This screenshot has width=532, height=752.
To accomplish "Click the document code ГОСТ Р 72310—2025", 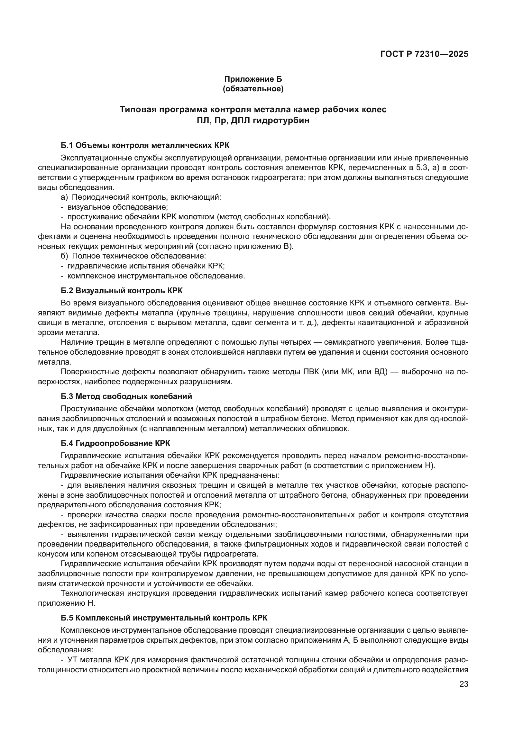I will (424, 54).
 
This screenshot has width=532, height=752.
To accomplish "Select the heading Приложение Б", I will (253, 79).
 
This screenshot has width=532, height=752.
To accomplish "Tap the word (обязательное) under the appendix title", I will (253, 89).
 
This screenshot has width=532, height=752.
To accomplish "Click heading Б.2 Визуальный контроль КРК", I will (122, 291).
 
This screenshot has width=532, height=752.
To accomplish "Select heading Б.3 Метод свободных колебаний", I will (126, 396).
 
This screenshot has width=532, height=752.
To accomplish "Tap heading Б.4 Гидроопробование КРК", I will (115, 443).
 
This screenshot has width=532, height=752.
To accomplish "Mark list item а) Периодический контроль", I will (141, 197).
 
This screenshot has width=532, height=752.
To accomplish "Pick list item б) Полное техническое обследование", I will (133, 256).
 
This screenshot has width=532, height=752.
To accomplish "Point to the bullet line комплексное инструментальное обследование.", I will (156, 276).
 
